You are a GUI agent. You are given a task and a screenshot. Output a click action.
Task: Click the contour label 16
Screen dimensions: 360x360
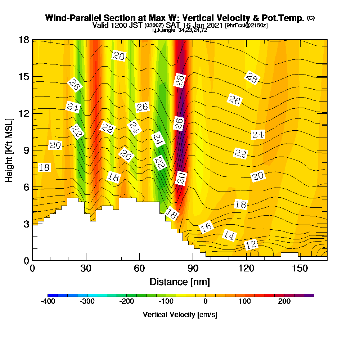pos(206,227)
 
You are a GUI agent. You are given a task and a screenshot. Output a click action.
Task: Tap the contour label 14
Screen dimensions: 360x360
pos(229,235)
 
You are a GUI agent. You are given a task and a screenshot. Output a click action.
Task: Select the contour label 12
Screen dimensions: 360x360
pos(251,245)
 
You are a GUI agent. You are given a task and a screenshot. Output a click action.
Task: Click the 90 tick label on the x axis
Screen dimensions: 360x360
pos(193,268)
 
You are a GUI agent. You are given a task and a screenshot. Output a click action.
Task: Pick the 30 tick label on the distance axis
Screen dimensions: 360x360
pos(86,268)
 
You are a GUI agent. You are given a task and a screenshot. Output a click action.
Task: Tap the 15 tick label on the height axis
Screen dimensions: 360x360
pos(24,77)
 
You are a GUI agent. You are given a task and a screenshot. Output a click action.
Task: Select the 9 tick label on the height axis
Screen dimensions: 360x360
pos(27,150)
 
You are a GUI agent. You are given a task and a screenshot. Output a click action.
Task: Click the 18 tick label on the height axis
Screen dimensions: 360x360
pos(24,40)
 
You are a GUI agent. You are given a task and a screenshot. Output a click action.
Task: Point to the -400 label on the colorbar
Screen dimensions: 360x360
pos(48,301)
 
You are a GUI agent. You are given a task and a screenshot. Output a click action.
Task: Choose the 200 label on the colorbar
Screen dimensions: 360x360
pos(284,301)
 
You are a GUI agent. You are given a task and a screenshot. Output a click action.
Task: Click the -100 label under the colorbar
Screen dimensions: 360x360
pos(166,301)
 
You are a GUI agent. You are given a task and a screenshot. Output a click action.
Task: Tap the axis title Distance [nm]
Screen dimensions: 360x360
pos(180,282)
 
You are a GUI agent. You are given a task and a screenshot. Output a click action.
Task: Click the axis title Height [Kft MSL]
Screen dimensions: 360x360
pos(9,150)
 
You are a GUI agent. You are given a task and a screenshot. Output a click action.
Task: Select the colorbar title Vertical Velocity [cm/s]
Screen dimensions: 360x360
pos(180,315)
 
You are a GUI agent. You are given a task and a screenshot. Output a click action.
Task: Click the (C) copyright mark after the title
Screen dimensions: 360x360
pos(311,18)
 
